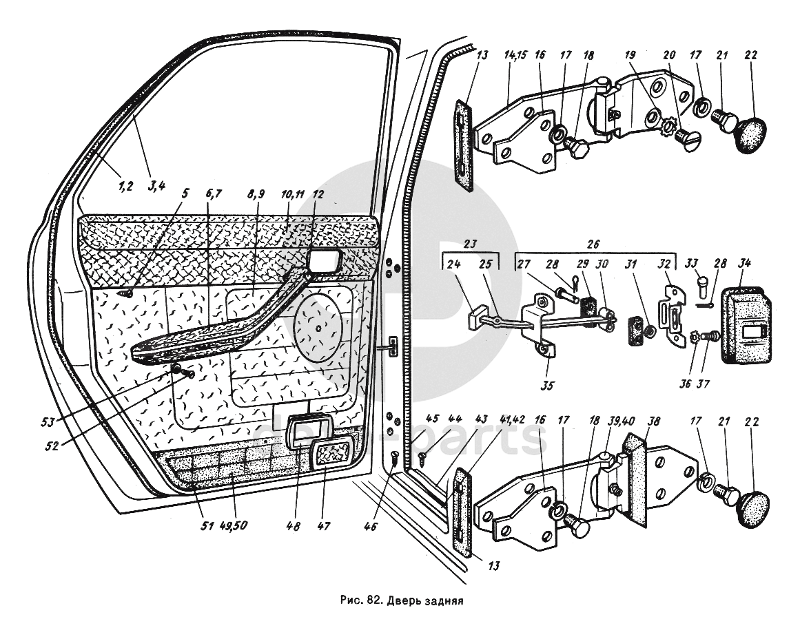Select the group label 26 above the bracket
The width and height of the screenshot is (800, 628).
point(594,243)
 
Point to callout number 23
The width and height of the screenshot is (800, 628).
point(470,243)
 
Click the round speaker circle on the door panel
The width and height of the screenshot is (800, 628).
point(319,326)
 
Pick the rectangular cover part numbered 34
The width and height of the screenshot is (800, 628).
point(746,326)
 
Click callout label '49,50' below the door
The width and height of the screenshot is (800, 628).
point(234,527)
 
